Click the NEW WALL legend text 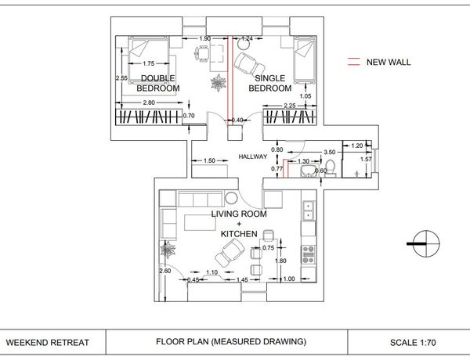point(389,62)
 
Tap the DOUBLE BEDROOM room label point(158,83)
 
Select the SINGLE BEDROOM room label point(270,84)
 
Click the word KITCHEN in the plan point(239,235)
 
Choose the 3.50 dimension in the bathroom point(329,152)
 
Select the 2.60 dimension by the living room point(164,271)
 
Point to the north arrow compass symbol point(424,242)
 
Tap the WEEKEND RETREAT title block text point(48,342)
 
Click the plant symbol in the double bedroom point(217,82)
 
